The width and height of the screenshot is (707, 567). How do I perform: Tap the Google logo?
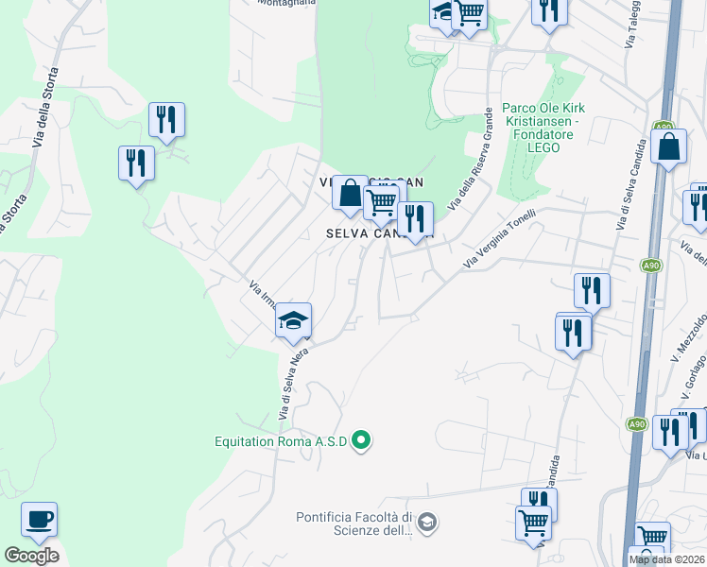coord(31,556)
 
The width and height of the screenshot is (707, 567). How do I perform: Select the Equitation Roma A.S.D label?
coord(281,440)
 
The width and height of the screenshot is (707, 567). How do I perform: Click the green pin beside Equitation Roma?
coord(360,439)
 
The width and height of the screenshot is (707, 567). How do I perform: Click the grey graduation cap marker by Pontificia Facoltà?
coord(427,522)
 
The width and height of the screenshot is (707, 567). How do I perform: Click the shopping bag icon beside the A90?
coord(668,146)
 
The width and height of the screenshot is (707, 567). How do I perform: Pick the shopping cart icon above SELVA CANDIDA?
coord(381,201)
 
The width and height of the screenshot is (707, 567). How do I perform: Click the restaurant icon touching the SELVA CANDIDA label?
coord(415,218)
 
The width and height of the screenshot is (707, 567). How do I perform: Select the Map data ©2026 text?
coord(667,559)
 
